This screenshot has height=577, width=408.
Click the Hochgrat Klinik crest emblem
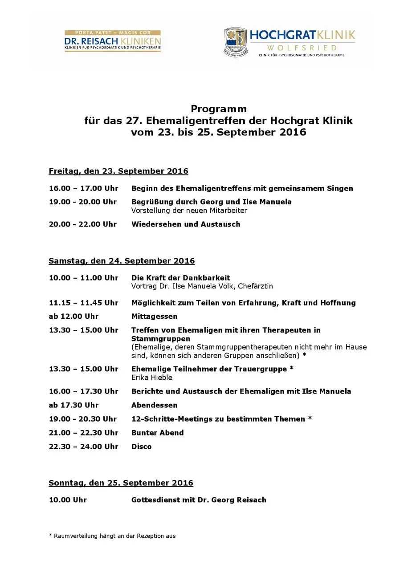(x=235, y=41)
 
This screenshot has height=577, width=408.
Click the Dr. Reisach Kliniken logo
(x=113, y=41)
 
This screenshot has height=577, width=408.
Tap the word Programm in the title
(x=218, y=109)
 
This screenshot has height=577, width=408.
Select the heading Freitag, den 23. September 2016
(x=118, y=171)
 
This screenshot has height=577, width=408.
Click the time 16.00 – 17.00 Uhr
(x=83, y=188)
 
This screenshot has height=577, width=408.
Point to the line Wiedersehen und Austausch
(x=186, y=224)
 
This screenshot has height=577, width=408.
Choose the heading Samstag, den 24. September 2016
(x=122, y=261)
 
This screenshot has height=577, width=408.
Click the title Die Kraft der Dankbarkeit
(x=180, y=278)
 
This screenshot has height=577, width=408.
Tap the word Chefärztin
(x=255, y=286)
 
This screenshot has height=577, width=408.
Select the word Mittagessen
(x=154, y=317)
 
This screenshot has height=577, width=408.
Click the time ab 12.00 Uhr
(x=73, y=317)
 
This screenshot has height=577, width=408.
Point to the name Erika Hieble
(x=151, y=378)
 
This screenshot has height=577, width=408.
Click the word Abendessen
(x=154, y=405)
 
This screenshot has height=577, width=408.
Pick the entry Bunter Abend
(x=157, y=433)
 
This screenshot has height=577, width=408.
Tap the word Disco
(x=141, y=447)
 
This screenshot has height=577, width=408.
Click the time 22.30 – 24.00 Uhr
(x=83, y=447)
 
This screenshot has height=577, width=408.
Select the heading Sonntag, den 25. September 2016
(x=121, y=483)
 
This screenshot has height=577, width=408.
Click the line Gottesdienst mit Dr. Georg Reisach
(x=199, y=500)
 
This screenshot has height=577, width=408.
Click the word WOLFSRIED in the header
(x=302, y=48)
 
